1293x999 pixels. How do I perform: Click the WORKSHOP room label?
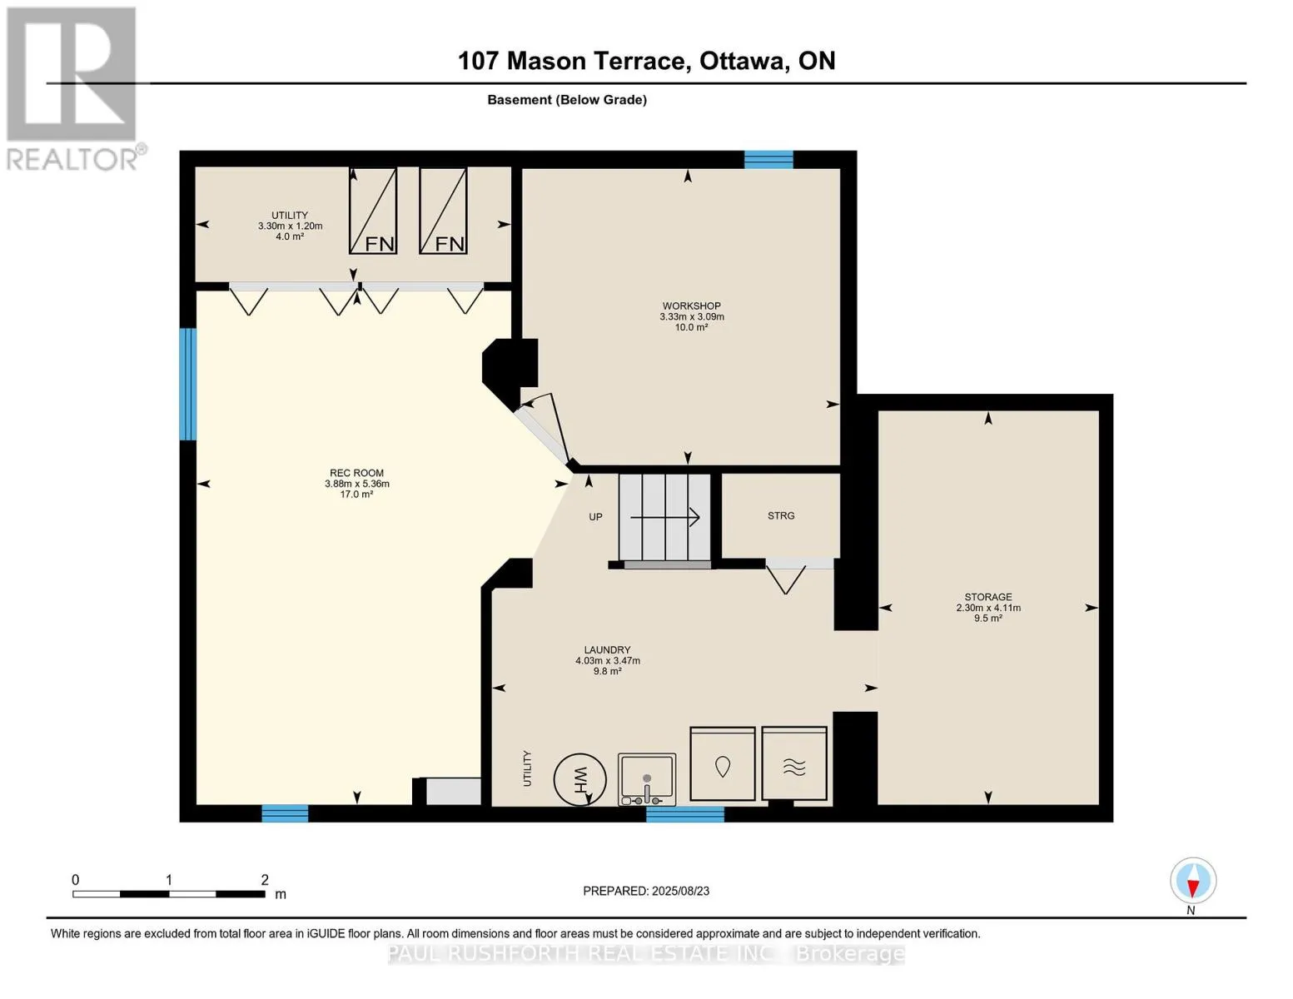click(x=691, y=306)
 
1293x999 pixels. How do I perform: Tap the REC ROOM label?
click(x=356, y=473)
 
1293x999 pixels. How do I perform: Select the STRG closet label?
click(x=781, y=516)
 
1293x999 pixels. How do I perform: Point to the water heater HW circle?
click(x=579, y=779)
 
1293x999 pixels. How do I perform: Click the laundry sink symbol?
click(x=647, y=779)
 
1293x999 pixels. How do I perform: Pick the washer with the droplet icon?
click(x=723, y=763)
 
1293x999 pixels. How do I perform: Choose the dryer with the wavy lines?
click(x=794, y=763)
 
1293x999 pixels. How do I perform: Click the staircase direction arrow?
click(x=664, y=518)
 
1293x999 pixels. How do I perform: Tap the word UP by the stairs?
click(x=595, y=517)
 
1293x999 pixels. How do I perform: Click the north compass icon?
click(x=1193, y=881)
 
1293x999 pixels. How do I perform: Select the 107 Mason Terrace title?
click(x=646, y=61)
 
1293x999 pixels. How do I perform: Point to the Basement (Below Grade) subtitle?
click(x=567, y=100)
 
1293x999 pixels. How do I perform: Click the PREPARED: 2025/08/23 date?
click(x=646, y=892)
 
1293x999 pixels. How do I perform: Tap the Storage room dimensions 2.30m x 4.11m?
click(x=988, y=608)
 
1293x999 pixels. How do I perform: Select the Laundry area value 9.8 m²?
click(x=607, y=671)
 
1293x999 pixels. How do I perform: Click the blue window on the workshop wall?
click(x=768, y=160)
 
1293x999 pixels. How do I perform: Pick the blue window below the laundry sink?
click(x=685, y=814)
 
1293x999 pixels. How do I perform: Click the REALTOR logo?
click(x=74, y=89)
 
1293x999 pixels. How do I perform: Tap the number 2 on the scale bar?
click(x=265, y=880)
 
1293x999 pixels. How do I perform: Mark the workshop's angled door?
click(x=543, y=429)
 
